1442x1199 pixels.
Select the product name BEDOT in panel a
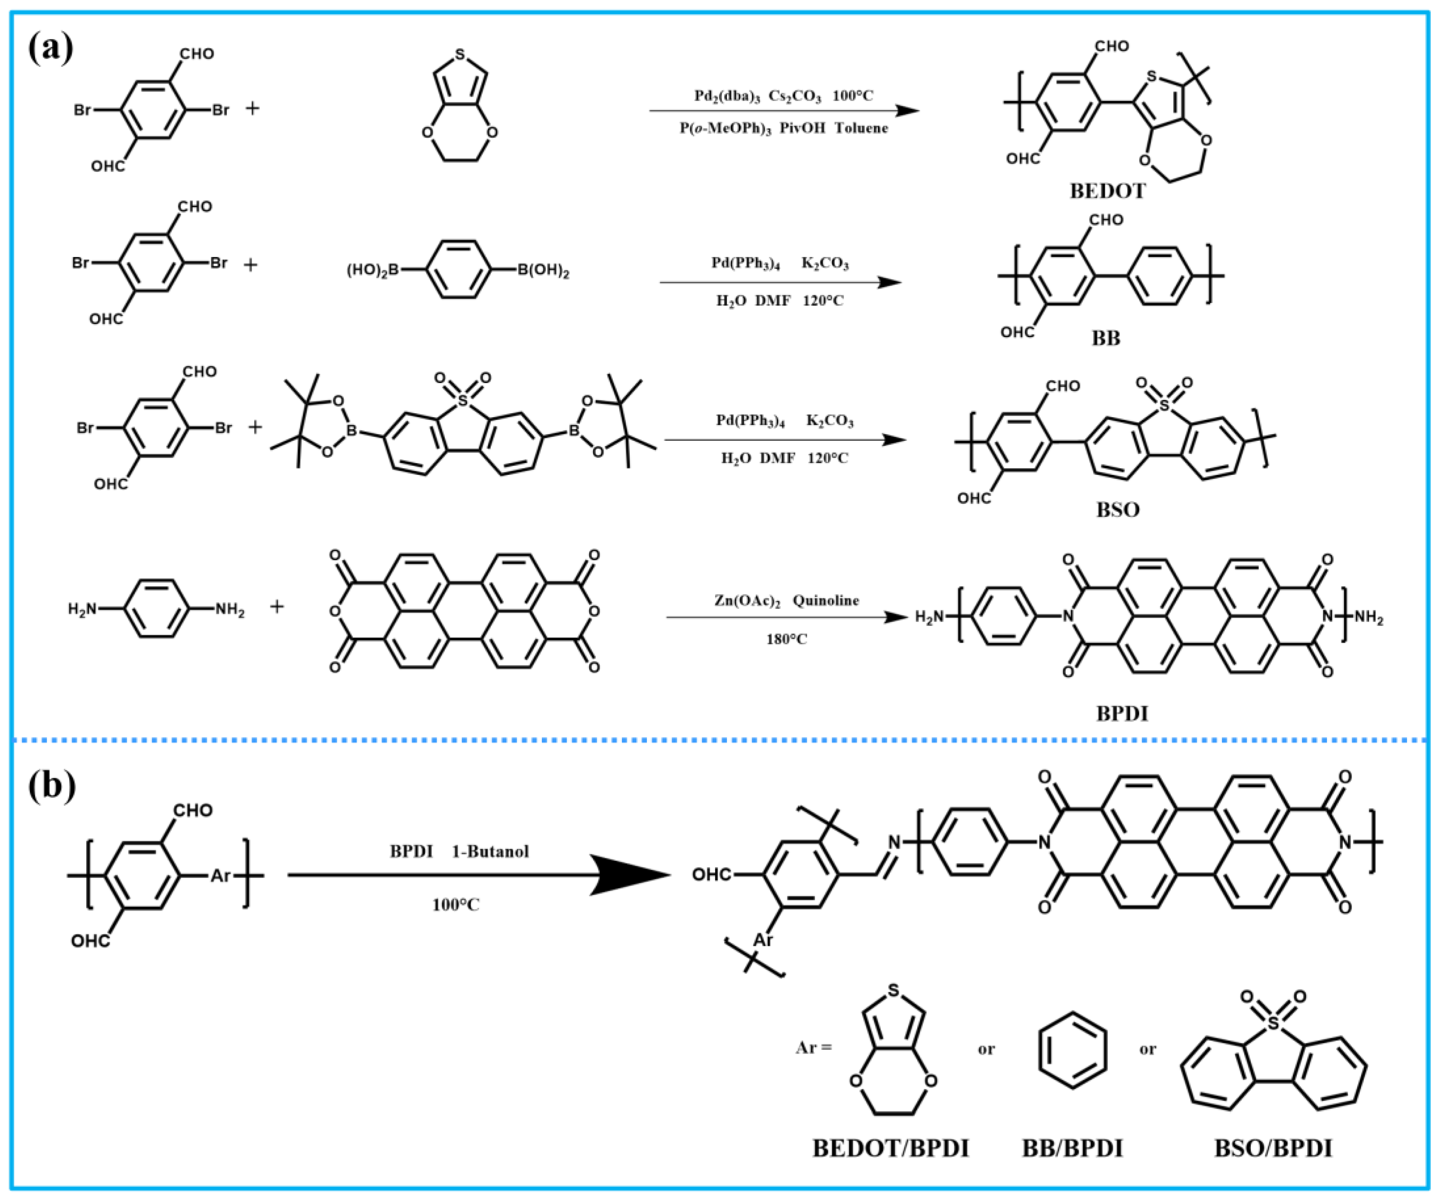pos(1107,191)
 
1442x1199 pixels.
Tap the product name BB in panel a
pos(1106,338)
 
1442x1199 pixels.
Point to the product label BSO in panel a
pos(1117,509)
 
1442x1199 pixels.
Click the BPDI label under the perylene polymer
pos(1122,714)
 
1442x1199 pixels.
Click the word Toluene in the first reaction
pos(861,129)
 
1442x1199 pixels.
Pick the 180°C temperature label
pos(786,639)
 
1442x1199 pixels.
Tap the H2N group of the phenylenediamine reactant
pos(82,608)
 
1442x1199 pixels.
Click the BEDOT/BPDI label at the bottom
pos(890,1148)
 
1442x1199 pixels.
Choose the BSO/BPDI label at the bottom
pos(1272,1148)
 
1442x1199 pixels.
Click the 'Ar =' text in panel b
pos(813,1049)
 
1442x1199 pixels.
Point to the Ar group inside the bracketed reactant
pos(220,875)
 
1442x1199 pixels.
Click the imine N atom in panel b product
pos(894,842)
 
